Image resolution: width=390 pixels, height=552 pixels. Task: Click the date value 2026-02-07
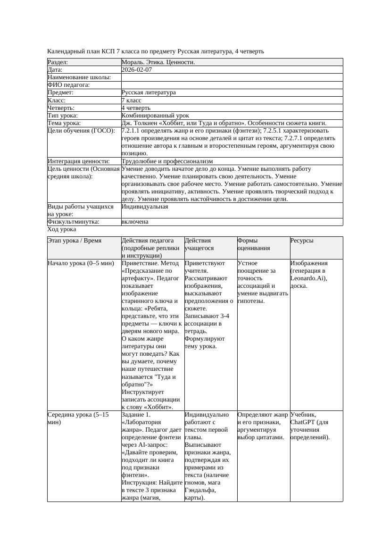(136, 70)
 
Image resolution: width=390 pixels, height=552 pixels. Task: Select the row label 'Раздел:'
(58, 62)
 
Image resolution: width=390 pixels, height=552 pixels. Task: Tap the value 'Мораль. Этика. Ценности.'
(158, 62)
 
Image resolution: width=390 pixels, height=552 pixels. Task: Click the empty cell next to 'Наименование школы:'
(232, 77)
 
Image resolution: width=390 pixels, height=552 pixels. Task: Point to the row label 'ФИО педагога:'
(69, 85)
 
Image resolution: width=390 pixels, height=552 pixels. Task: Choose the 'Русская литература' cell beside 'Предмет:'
(149, 93)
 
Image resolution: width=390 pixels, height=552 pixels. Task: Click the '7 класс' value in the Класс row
(132, 100)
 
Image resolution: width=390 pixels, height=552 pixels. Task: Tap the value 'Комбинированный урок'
(155, 116)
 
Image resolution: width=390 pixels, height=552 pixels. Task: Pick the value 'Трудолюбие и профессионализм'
(167, 161)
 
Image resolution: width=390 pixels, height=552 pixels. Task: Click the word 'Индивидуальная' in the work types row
(145, 207)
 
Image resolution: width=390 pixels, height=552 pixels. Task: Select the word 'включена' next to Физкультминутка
(135, 222)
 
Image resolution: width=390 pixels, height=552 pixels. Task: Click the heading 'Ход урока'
(62, 229)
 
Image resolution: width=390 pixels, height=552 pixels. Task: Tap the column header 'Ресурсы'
(302, 241)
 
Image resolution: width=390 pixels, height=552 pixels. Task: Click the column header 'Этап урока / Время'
(75, 241)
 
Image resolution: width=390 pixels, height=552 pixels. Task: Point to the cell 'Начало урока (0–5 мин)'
(81, 263)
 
